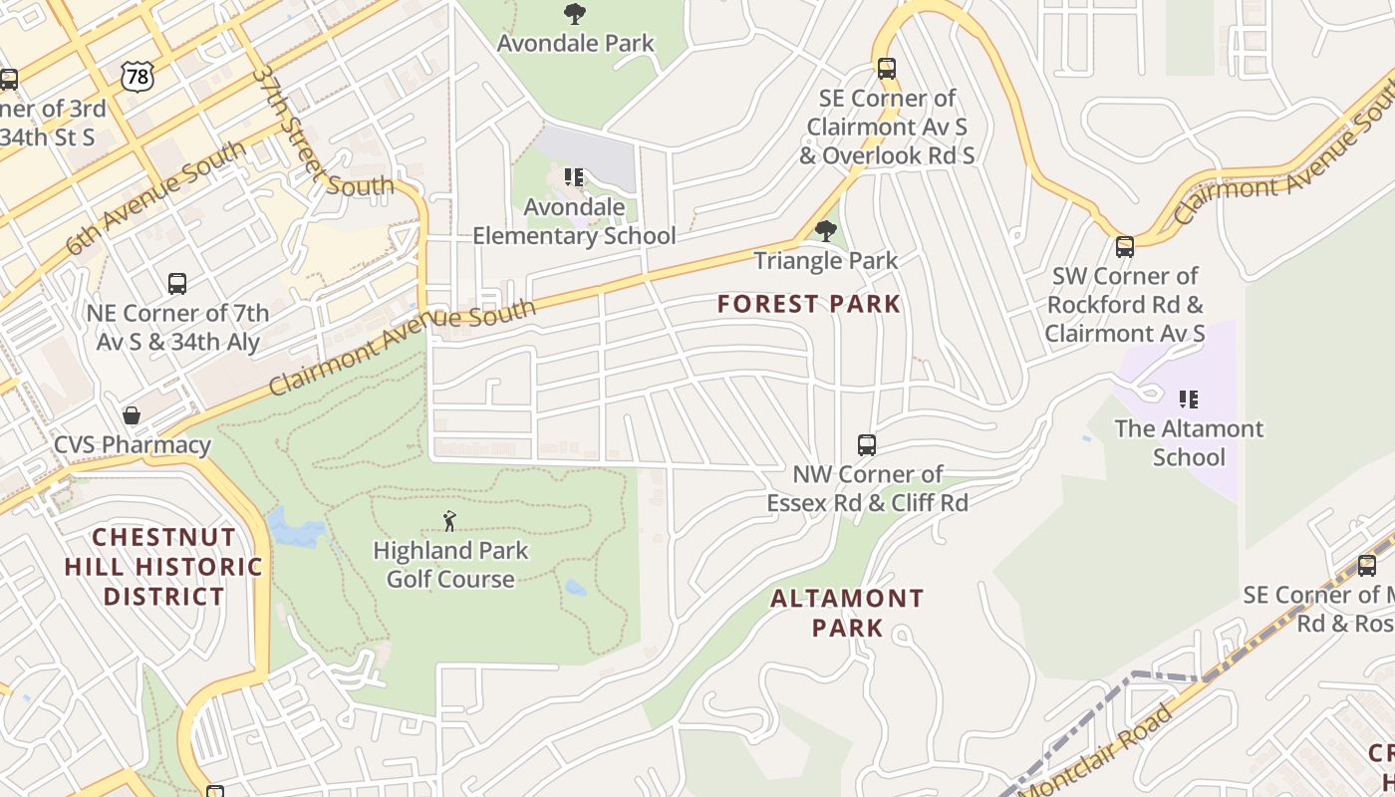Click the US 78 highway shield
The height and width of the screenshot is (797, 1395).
pyautogui.click(x=139, y=75)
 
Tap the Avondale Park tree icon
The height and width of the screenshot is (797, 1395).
pyautogui.click(x=575, y=14)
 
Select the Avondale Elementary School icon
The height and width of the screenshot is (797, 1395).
pyautogui.click(x=574, y=177)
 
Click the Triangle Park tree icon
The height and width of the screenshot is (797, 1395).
pyautogui.click(x=825, y=231)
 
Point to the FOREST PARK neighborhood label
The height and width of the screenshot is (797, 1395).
pyautogui.click(x=809, y=304)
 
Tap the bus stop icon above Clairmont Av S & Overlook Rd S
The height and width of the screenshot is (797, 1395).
pyautogui.click(x=886, y=68)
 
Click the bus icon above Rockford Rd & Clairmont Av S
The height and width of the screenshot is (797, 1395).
pyautogui.click(x=1124, y=246)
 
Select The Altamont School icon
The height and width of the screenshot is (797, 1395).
pyautogui.click(x=1188, y=399)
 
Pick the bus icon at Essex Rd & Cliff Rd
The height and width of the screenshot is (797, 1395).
pyautogui.click(x=867, y=444)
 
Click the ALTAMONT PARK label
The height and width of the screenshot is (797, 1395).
pyautogui.click(x=847, y=613)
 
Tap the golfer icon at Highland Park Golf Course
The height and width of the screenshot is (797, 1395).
pyautogui.click(x=449, y=521)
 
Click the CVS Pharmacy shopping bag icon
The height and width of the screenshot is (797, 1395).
pyautogui.click(x=132, y=414)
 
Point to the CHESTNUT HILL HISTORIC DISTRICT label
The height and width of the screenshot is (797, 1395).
pyautogui.click(x=164, y=567)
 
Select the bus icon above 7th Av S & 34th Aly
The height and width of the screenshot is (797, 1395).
pyautogui.click(x=177, y=283)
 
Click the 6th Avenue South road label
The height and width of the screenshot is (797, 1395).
pyautogui.click(x=156, y=198)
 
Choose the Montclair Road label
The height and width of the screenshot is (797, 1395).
pyautogui.click(x=1096, y=752)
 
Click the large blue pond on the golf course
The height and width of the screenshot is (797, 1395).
pyautogui.click(x=295, y=528)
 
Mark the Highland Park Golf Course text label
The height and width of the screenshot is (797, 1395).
pyautogui.click(x=450, y=565)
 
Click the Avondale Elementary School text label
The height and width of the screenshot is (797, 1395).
pyautogui.click(x=574, y=222)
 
